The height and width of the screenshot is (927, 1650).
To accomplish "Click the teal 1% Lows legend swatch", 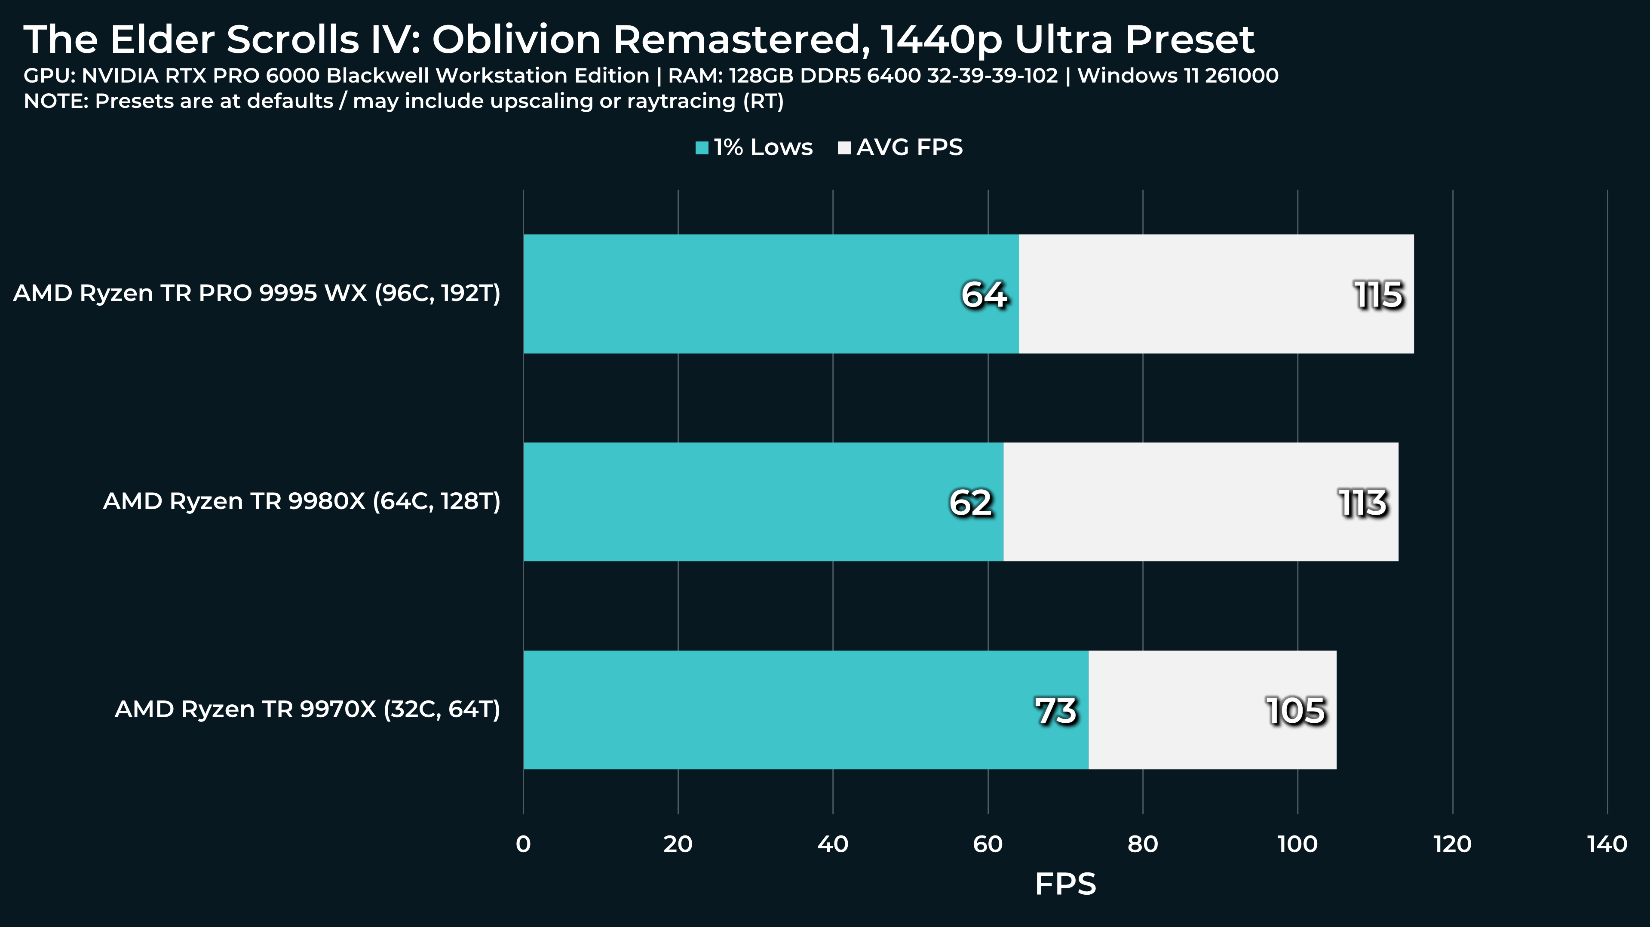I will pyautogui.click(x=702, y=148).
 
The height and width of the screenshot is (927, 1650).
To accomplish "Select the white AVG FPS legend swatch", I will pyautogui.click(x=844, y=148).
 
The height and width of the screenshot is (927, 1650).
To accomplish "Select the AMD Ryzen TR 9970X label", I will pyautogui.click(x=307, y=709).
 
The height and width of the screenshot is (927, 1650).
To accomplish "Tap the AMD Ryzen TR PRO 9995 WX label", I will pyautogui.click(x=257, y=293).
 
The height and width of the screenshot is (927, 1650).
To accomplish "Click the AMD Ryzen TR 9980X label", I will pyautogui.click(x=302, y=501).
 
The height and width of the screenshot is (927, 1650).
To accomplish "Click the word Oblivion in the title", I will pyautogui.click(x=516, y=40).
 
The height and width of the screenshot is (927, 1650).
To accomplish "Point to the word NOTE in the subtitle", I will pyautogui.click(x=55, y=101).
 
